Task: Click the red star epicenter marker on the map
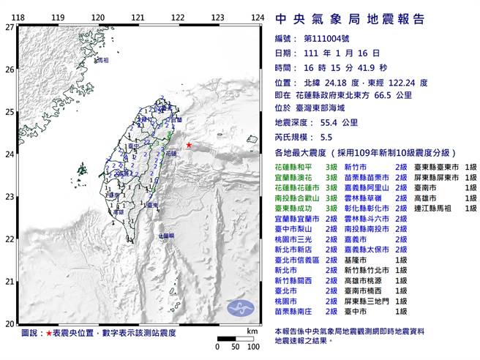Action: coord(188,146)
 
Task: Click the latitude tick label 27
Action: coord(9,27)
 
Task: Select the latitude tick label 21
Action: coord(9,281)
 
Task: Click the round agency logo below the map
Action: coord(239,307)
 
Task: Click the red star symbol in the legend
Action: coord(48,334)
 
